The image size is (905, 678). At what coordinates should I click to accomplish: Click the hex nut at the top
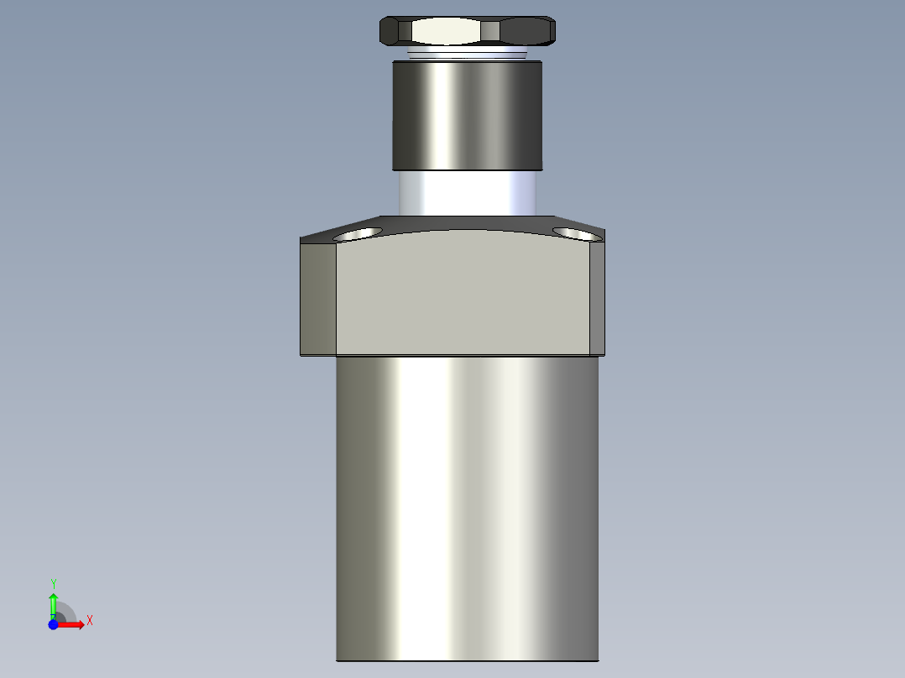pos(468,31)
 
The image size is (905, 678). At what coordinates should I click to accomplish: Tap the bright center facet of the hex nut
pos(446,32)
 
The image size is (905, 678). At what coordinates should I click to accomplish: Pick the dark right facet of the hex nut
pos(526,32)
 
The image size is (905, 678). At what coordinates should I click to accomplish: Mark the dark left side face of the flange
pos(318,298)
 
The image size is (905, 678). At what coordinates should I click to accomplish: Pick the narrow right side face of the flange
pos(597,298)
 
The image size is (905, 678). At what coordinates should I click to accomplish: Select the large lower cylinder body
pos(467,503)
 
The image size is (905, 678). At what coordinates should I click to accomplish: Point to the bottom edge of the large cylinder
pos(467,660)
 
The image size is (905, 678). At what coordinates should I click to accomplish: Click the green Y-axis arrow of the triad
pos(53,602)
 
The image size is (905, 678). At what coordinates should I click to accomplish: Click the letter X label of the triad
pos(89,621)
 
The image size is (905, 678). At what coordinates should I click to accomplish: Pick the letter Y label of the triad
pos(53,583)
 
